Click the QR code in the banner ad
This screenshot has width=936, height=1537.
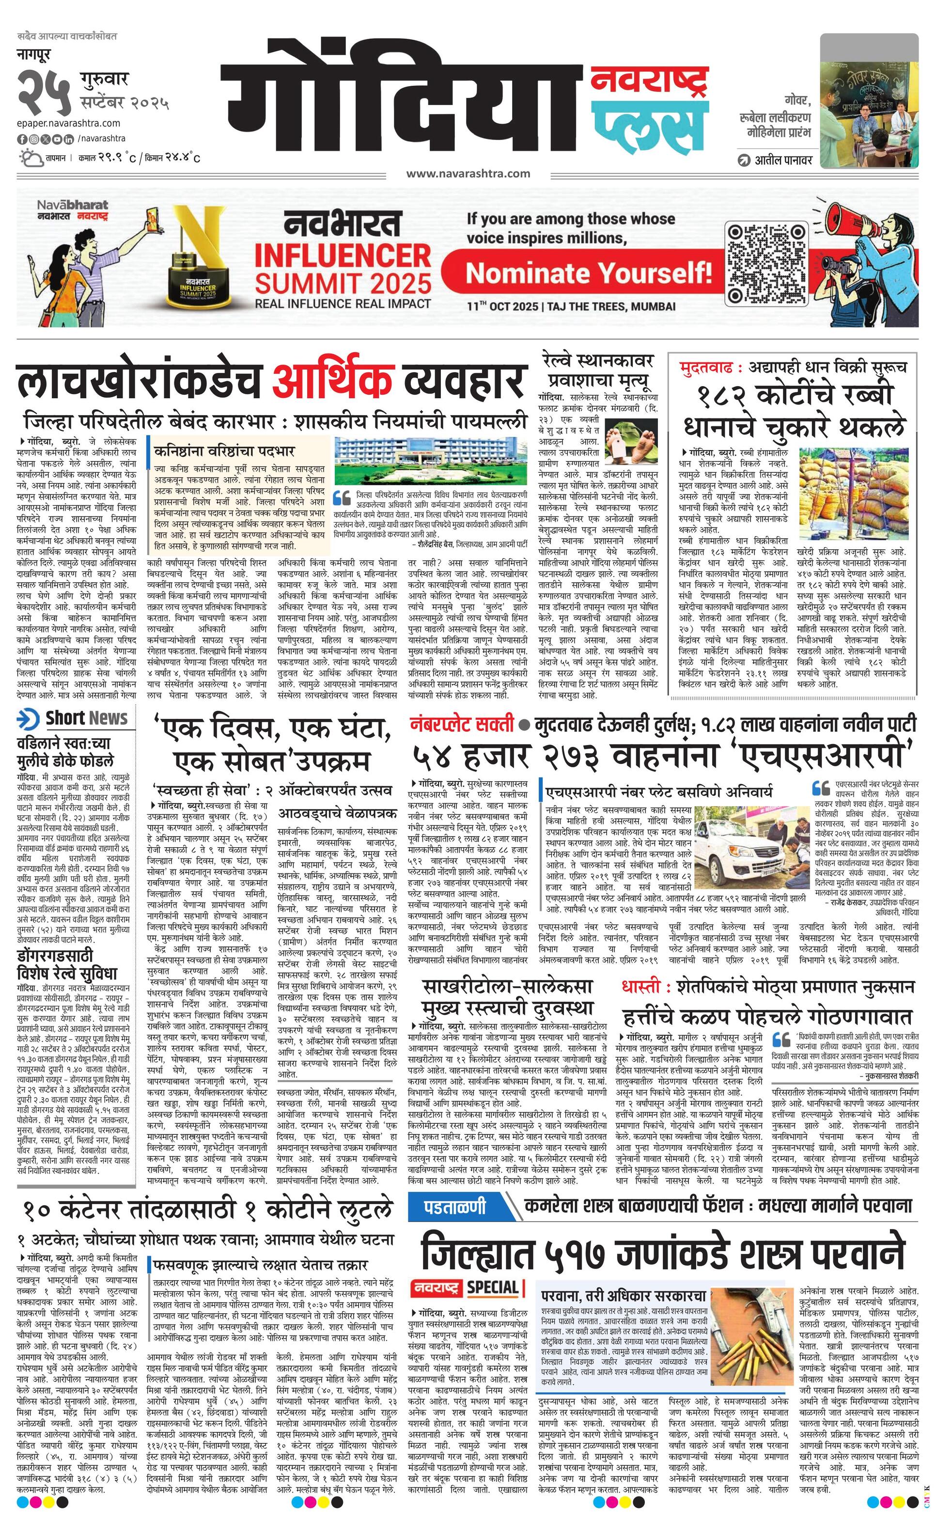tap(765, 262)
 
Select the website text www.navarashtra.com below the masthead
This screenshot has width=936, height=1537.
tap(468, 173)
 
